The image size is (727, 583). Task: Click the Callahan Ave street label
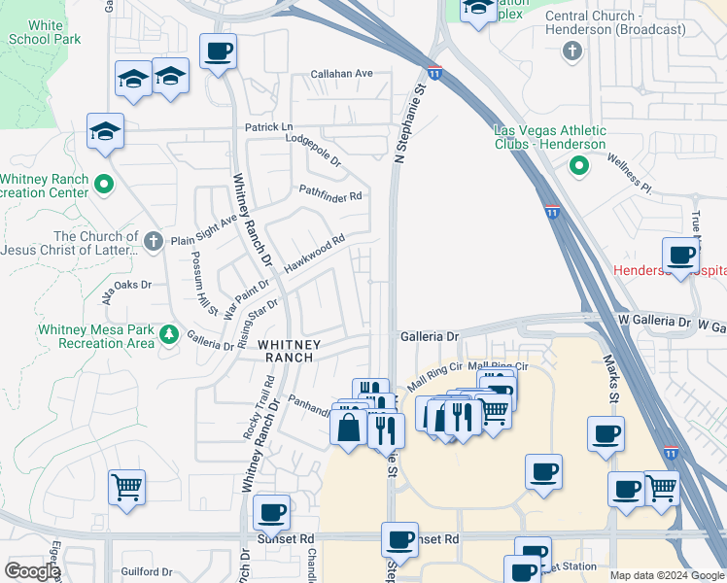pyautogui.click(x=342, y=74)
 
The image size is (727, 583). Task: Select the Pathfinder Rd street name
pyautogui.click(x=329, y=195)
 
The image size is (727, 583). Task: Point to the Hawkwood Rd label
pyautogui.click(x=314, y=253)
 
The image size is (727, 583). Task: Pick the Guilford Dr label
pyautogui.click(x=146, y=572)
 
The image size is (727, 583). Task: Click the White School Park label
pyautogui.click(x=44, y=32)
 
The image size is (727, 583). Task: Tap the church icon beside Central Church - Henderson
pyautogui.click(x=572, y=51)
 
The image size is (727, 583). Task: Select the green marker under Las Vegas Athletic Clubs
pyautogui.click(x=579, y=167)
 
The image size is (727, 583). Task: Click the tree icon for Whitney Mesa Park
pyautogui.click(x=169, y=334)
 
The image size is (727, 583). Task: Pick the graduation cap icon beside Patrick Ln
pyautogui.click(x=106, y=130)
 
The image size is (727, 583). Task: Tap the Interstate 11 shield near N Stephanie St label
pyautogui.click(x=434, y=72)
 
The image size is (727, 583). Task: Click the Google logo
pyautogui.click(x=31, y=571)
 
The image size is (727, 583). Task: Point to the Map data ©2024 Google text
pyautogui.click(x=666, y=575)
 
